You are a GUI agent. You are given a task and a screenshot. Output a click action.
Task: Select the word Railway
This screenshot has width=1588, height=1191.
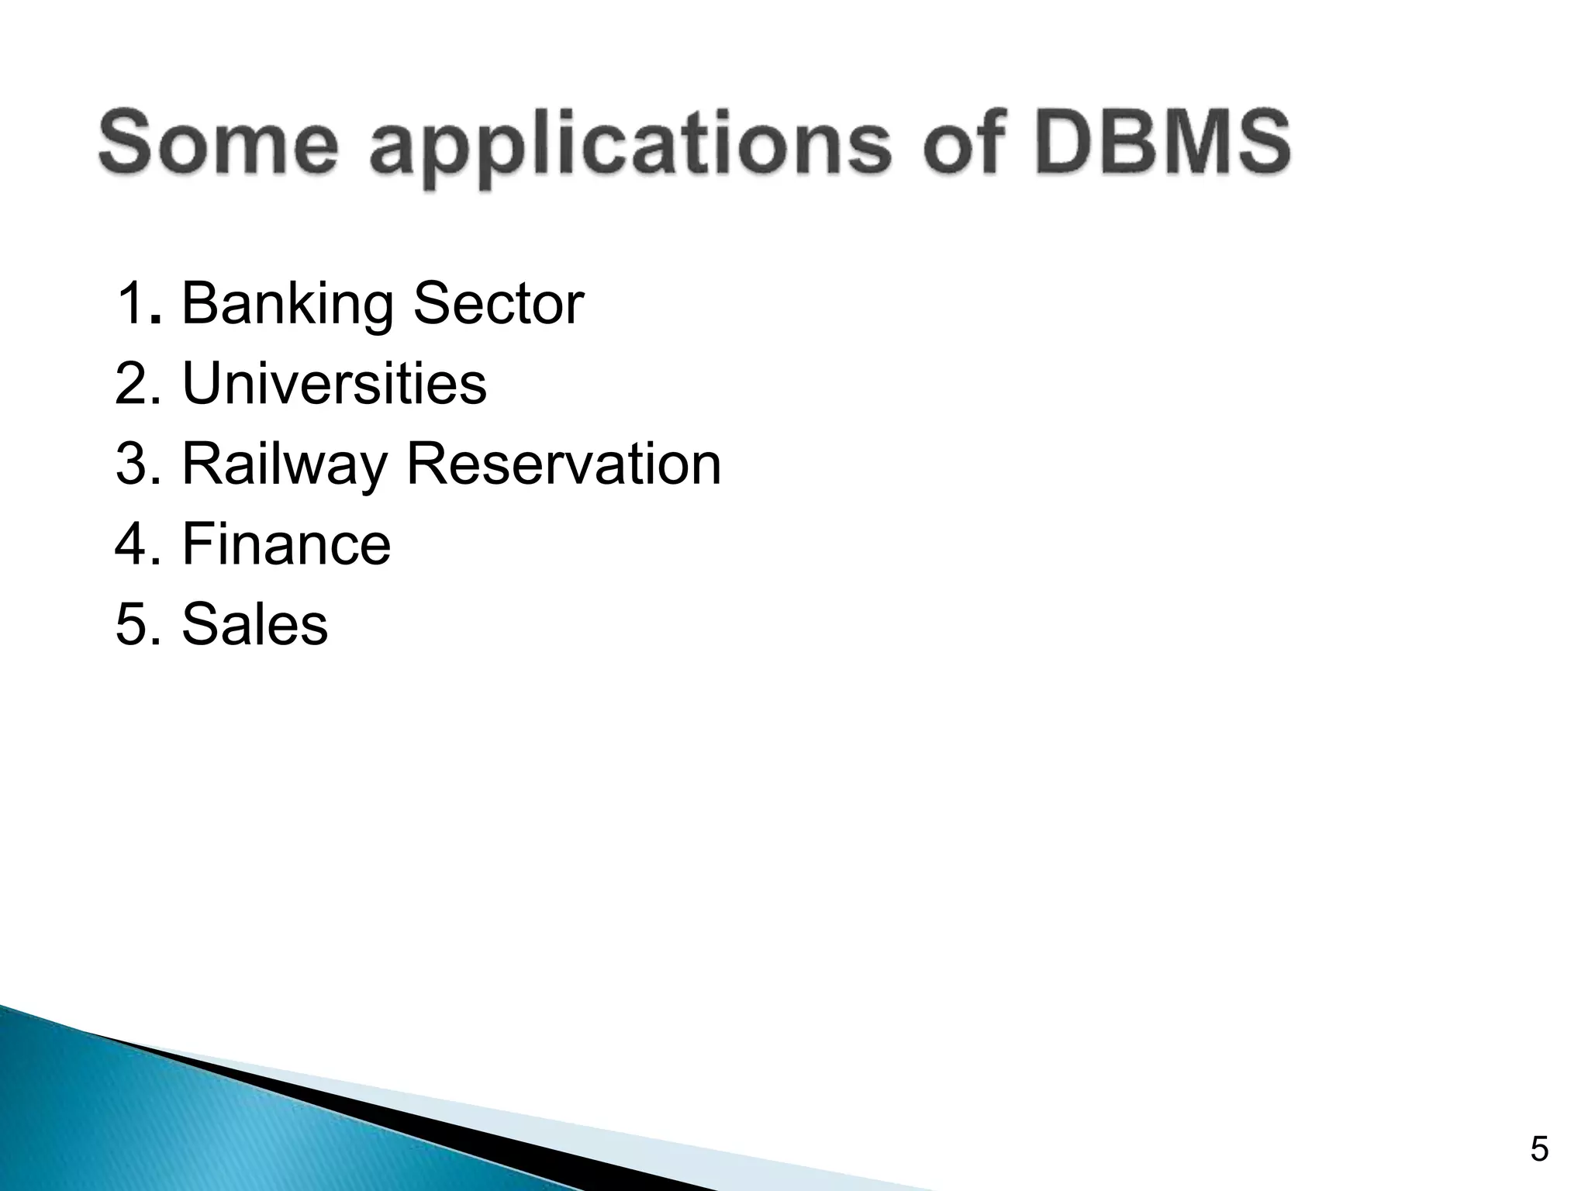284,466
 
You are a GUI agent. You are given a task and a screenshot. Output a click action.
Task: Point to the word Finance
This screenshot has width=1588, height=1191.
286,544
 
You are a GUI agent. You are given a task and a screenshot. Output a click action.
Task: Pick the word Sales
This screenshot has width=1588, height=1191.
254,624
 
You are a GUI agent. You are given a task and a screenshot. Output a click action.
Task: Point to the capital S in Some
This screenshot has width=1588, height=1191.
127,143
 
